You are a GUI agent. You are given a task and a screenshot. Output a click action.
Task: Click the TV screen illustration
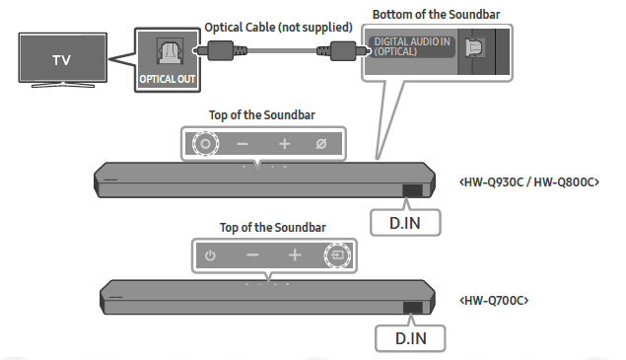tap(61, 60)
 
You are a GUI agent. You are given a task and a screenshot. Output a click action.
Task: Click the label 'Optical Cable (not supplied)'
tap(267, 29)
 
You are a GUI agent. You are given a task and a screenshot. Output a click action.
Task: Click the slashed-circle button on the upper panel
tap(320, 144)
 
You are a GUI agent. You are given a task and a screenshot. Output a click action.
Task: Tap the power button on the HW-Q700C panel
tap(209, 255)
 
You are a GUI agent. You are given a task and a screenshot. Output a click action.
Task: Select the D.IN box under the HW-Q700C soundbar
tap(411, 336)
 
